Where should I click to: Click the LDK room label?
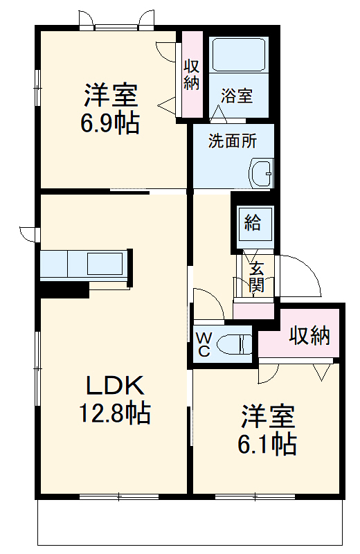point(114,385)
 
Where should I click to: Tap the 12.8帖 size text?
point(114,413)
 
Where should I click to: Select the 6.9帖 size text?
point(111,123)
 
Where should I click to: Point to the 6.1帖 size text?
point(268,443)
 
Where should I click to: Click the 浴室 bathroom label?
point(237,96)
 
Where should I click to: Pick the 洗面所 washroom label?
point(233,141)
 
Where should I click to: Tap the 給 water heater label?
point(253,222)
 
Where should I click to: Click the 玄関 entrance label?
point(256,276)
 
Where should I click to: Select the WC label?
point(204,344)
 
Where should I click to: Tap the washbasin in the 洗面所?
point(261,173)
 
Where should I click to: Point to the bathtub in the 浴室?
point(239,55)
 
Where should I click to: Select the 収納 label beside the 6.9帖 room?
point(192,74)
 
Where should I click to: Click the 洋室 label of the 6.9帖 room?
point(111,93)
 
